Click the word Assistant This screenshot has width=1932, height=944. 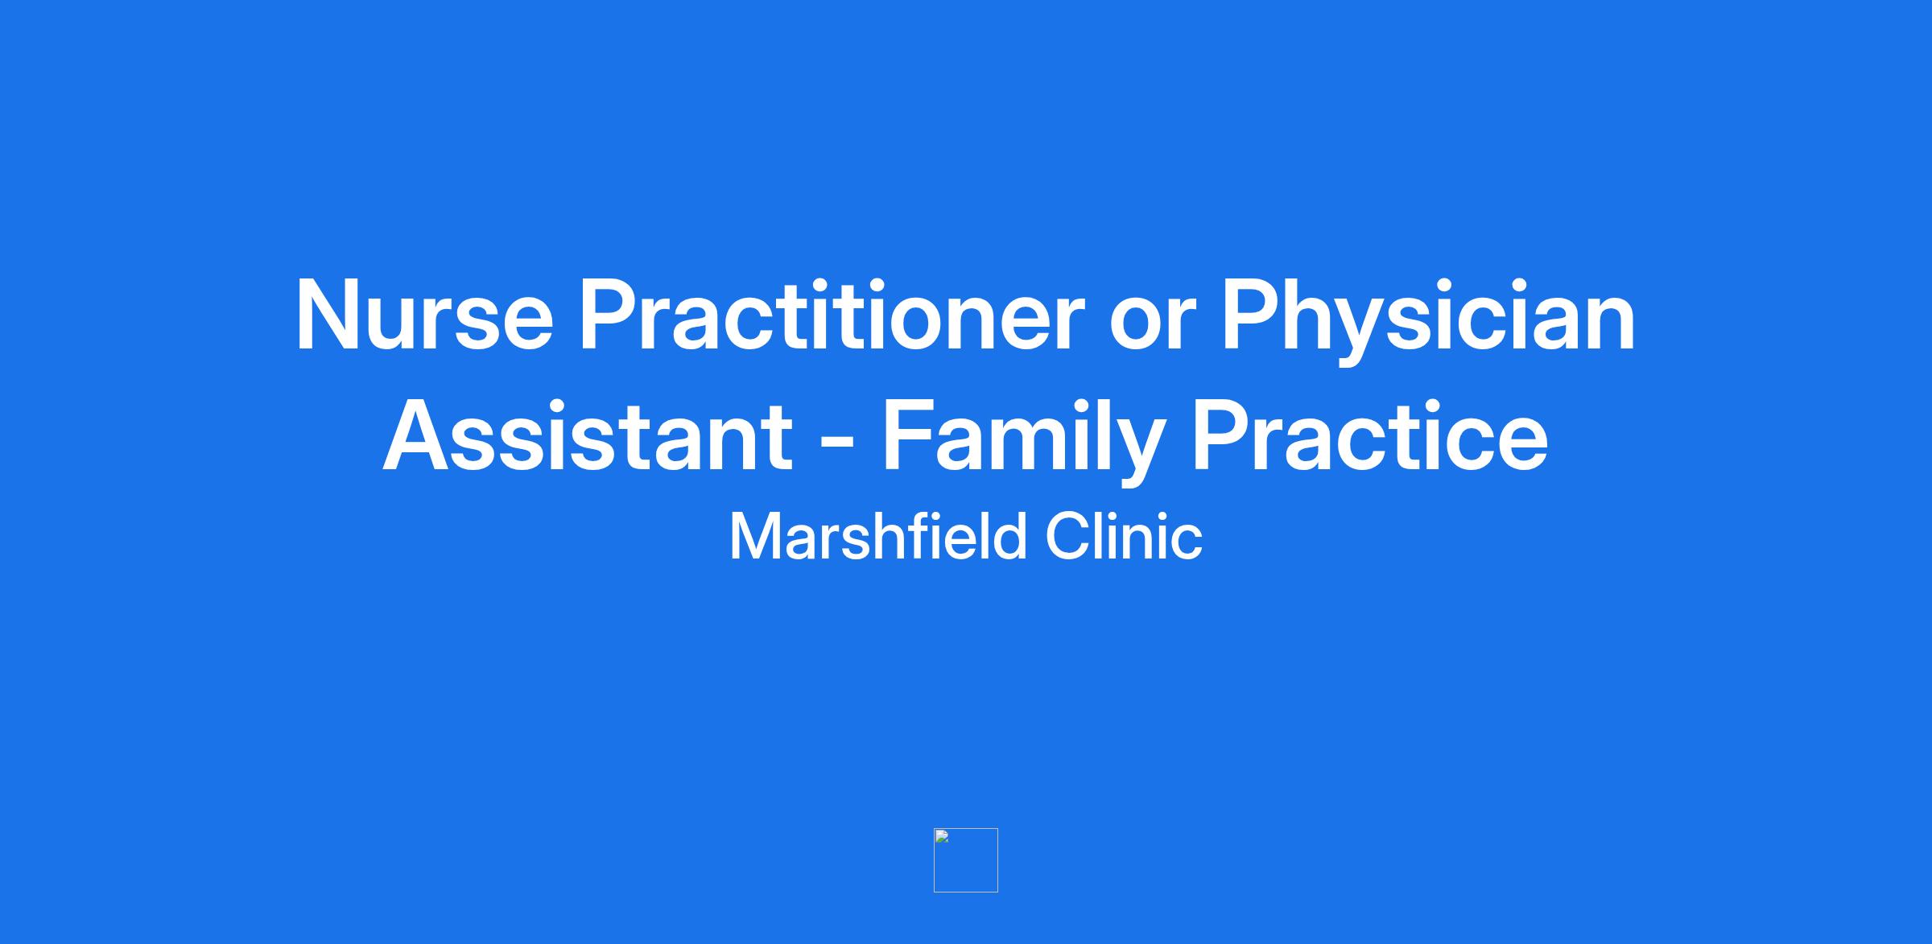(588, 435)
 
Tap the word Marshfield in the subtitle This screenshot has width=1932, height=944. (878, 536)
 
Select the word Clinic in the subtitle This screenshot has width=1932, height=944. (1125, 536)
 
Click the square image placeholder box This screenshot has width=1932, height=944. (966, 860)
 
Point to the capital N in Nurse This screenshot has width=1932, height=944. (327, 315)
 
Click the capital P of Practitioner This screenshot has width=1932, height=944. (609, 315)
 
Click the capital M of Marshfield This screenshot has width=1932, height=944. (756, 537)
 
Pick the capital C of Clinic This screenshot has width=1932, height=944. (1068, 537)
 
